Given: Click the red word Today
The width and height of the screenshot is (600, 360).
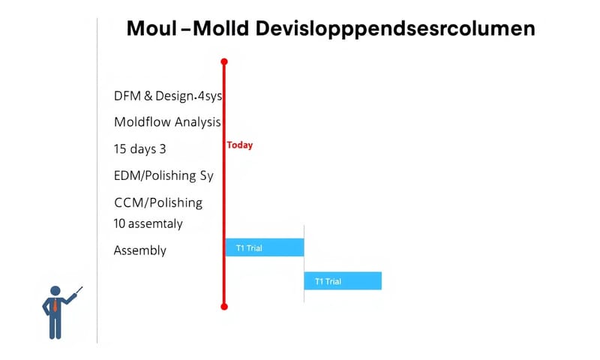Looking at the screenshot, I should [x=239, y=145].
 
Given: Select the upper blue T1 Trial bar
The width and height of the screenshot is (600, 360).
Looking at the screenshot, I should [x=265, y=247].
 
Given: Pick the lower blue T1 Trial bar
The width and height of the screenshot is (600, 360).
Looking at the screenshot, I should [x=343, y=281].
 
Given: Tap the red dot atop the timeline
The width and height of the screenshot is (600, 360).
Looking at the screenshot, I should [x=223, y=61].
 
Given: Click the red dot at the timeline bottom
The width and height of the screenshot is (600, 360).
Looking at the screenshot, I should [x=223, y=306].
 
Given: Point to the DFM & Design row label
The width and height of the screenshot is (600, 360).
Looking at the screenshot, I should [x=168, y=96].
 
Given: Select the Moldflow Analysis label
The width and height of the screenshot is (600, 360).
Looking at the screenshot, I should [x=167, y=121].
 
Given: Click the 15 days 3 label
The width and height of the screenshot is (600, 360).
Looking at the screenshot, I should [x=139, y=148].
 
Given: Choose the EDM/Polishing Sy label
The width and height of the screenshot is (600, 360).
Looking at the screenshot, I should [x=163, y=176].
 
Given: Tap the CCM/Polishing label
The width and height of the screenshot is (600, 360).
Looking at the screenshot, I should [x=158, y=202].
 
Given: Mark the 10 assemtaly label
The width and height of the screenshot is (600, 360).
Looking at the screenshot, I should [x=148, y=223].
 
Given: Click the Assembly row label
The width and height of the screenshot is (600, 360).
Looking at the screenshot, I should [x=139, y=250].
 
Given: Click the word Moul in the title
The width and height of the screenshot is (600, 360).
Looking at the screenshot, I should [x=151, y=29].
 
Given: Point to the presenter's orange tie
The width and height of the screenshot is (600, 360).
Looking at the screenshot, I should [x=55, y=305].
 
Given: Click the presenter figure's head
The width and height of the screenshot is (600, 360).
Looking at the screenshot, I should [x=55, y=289].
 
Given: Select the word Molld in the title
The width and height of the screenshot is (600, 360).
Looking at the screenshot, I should [x=221, y=29].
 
